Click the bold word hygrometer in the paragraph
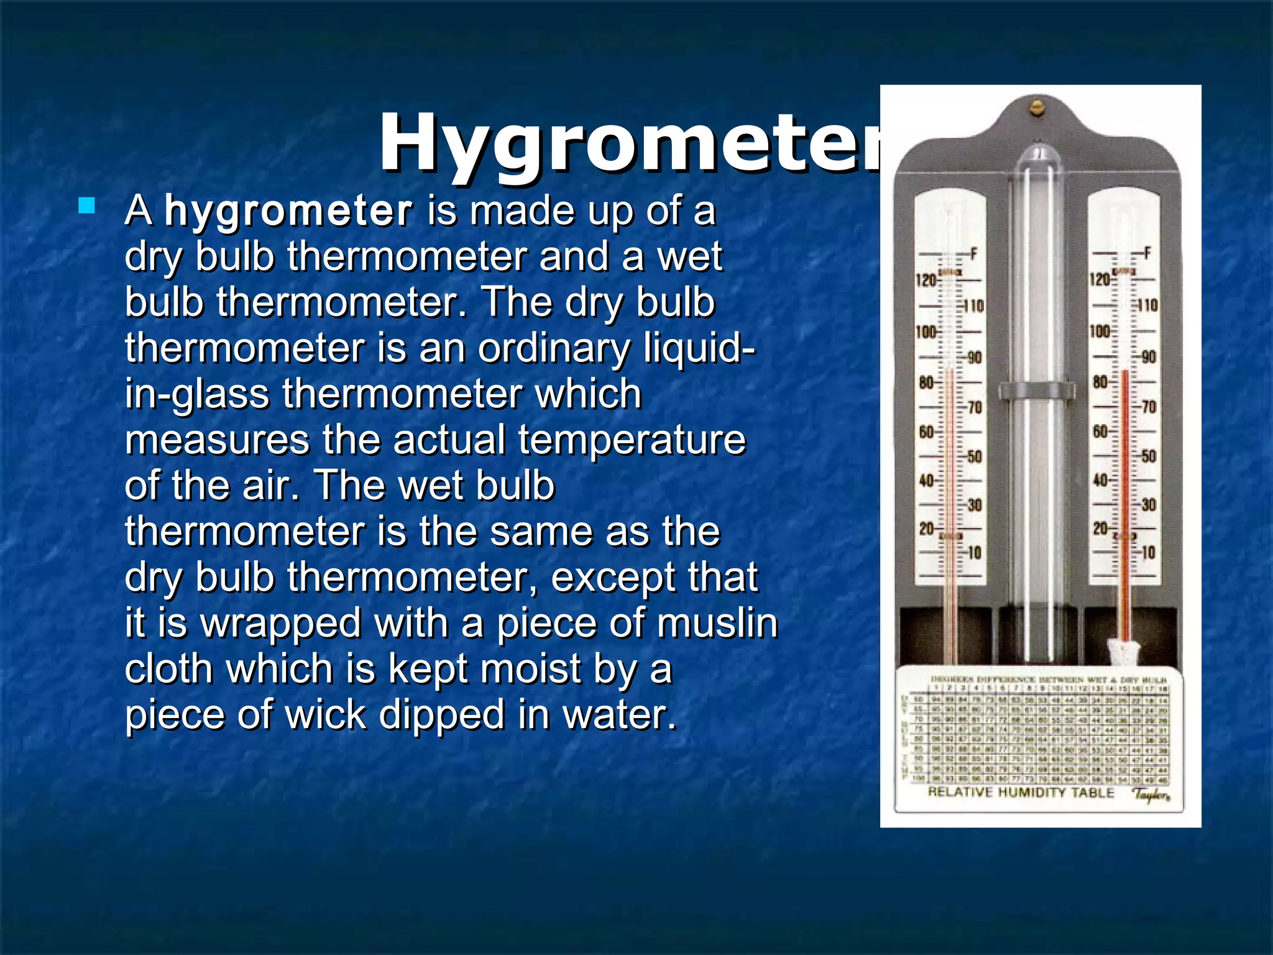point(288,211)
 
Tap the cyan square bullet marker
point(86,206)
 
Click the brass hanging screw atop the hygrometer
point(1036,107)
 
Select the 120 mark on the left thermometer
point(926,280)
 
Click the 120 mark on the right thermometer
point(1100,280)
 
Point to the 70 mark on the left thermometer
point(974,407)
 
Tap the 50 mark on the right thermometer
point(1148,456)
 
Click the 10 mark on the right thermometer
point(1148,552)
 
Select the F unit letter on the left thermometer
point(973,254)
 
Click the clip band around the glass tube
point(1036,390)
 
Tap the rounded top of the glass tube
point(1036,155)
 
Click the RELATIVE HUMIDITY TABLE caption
point(1021,792)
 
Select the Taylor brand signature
point(1151,795)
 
